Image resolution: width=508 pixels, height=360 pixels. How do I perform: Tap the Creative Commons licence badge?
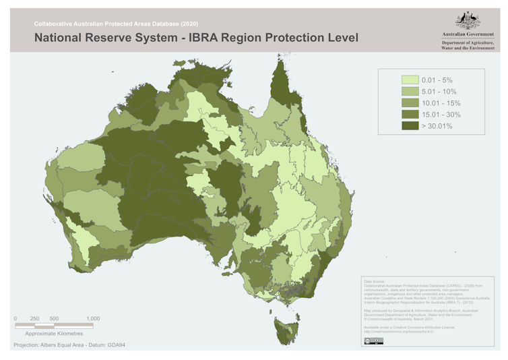pos(373,342)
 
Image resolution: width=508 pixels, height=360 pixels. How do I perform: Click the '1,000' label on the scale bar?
pos(93,318)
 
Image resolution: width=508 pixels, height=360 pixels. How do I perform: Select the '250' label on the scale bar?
pos(35,318)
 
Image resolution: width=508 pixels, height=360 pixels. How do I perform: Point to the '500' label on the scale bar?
pos(55,318)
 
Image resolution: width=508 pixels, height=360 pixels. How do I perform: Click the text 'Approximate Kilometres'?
pos(54,333)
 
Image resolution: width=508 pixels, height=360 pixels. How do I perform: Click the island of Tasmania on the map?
pos(288,330)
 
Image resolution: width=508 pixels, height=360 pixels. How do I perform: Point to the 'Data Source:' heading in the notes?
pos(374,280)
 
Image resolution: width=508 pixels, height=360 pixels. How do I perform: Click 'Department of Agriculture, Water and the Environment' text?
pos(468,46)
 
